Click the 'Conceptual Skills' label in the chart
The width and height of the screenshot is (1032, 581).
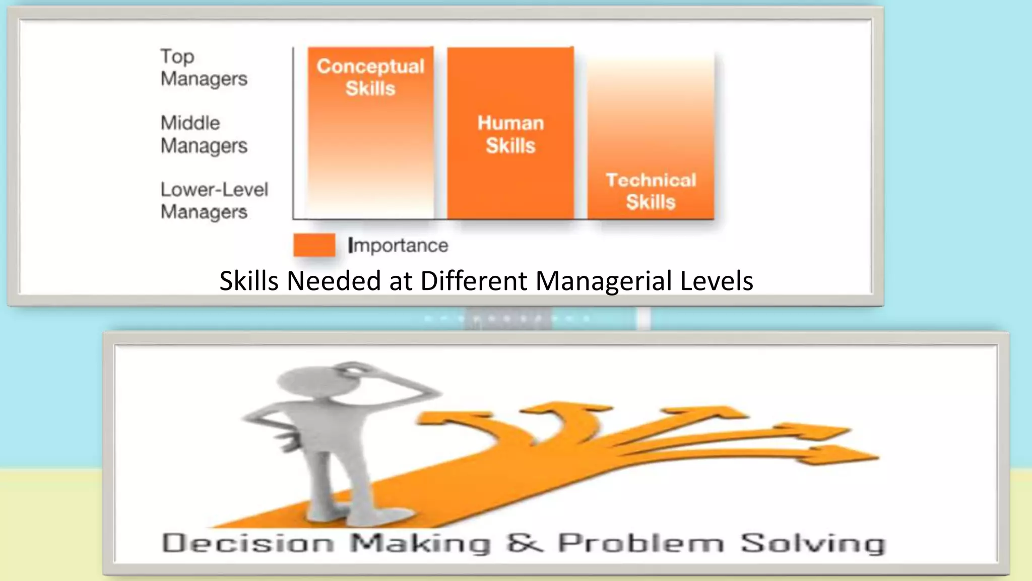tap(370, 77)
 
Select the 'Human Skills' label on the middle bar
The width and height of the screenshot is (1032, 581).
tap(510, 134)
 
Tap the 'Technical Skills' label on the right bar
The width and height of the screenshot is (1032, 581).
tap(651, 191)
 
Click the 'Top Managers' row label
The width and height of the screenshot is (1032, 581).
tap(204, 68)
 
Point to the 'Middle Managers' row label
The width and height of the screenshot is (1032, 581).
tap(204, 134)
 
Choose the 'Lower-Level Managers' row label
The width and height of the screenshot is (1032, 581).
tap(214, 201)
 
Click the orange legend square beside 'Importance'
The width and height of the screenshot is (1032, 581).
tap(314, 245)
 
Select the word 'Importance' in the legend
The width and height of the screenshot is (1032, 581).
tap(398, 246)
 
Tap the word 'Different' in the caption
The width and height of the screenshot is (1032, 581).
tap(473, 281)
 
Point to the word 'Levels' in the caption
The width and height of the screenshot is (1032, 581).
tap(716, 281)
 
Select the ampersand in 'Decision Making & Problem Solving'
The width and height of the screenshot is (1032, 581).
tap(525, 543)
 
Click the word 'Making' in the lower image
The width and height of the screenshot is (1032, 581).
tap(420, 544)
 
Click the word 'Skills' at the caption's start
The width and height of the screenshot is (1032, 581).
tap(249, 281)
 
